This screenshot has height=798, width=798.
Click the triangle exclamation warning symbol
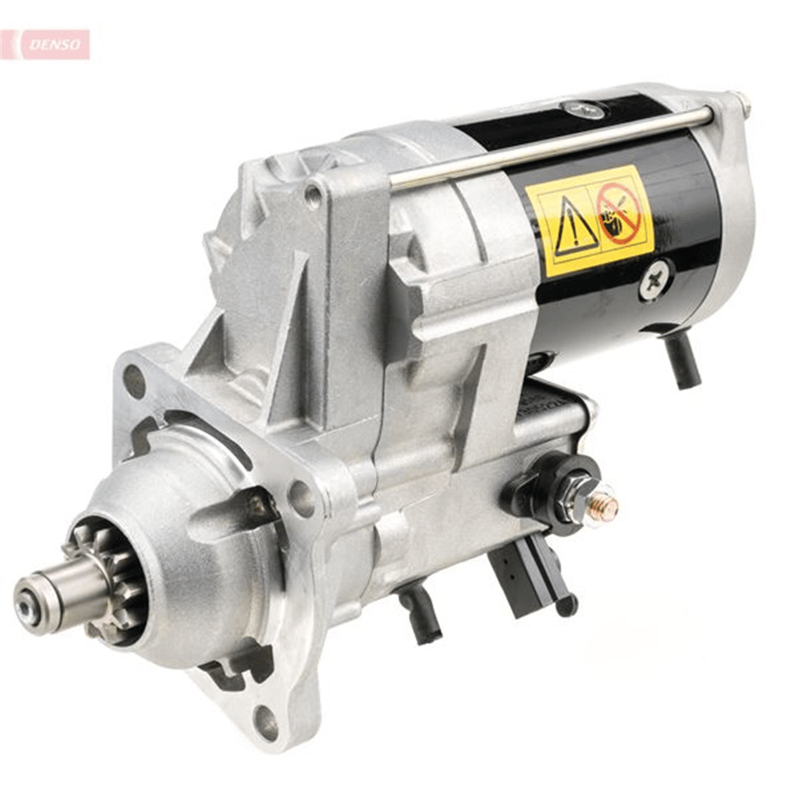tap(574, 227)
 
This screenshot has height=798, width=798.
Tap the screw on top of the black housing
tap(583, 109)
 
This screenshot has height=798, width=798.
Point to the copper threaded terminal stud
tap(605, 505)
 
